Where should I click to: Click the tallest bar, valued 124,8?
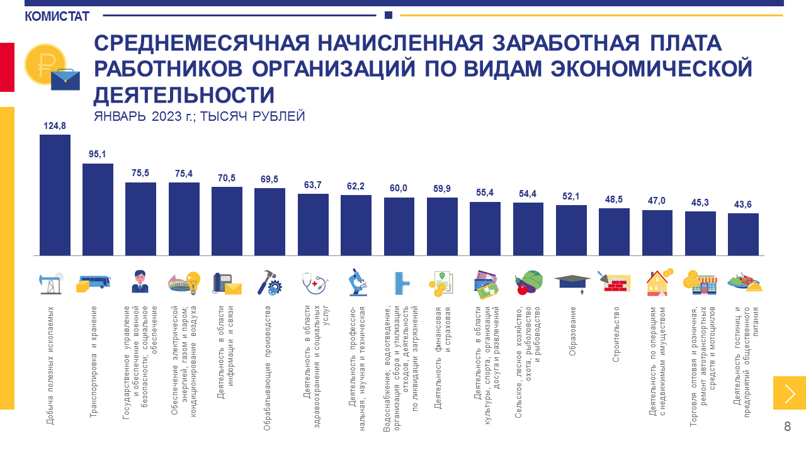click(55, 195)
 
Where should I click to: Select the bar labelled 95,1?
click(98, 210)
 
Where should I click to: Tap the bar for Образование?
click(571, 230)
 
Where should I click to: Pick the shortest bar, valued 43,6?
click(743, 234)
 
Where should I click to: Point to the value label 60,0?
click(399, 188)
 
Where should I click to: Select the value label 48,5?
click(614, 199)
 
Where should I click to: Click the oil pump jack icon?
click(50, 284)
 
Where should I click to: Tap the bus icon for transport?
click(94, 284)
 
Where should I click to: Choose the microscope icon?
click(356, 283)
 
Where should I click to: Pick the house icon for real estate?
click(659, 283)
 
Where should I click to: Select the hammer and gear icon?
click(270, 284)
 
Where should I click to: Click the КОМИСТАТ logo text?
click(57, 16)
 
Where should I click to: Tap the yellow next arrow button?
click(790, 393)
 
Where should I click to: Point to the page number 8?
click(787, 427)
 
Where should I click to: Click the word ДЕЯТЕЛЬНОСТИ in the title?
click(184, 95)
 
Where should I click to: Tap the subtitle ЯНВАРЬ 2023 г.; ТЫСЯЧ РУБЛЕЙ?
click(199, 116)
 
